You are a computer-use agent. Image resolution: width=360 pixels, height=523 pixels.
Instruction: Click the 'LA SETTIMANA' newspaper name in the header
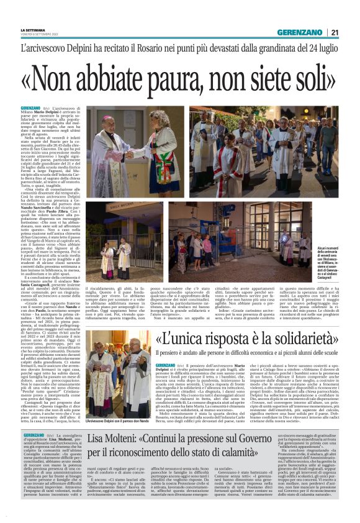tap(33, 30)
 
